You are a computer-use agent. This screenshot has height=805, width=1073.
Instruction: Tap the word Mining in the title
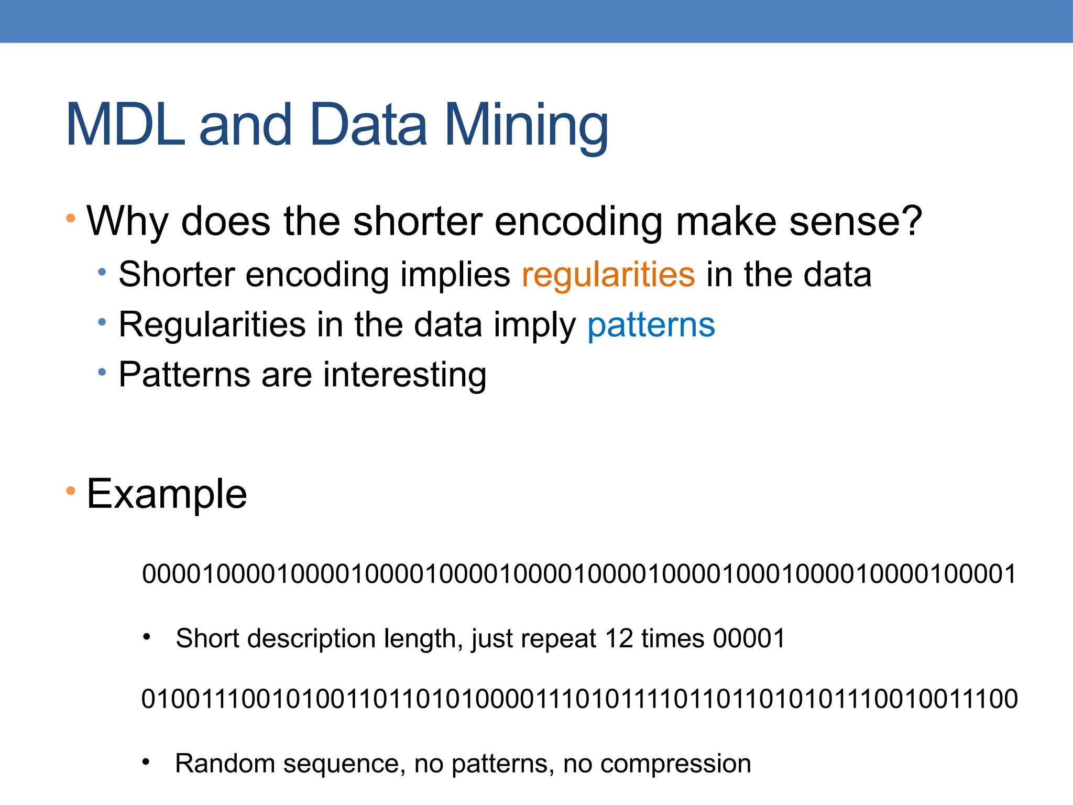pos(526,126)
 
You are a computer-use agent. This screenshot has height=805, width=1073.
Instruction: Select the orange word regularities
pos(608,275)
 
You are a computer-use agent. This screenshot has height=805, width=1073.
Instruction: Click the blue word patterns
pos(651,325)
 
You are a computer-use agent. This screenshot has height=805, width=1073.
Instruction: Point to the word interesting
pos(404,375)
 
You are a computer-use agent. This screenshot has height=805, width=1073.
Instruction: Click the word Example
pos(167,494)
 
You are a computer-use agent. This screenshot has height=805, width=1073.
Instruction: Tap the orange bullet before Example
pos(71,492)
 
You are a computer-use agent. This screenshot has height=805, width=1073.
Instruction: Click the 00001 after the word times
pos(749,639)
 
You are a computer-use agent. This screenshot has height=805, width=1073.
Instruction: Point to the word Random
pos(225,764)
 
